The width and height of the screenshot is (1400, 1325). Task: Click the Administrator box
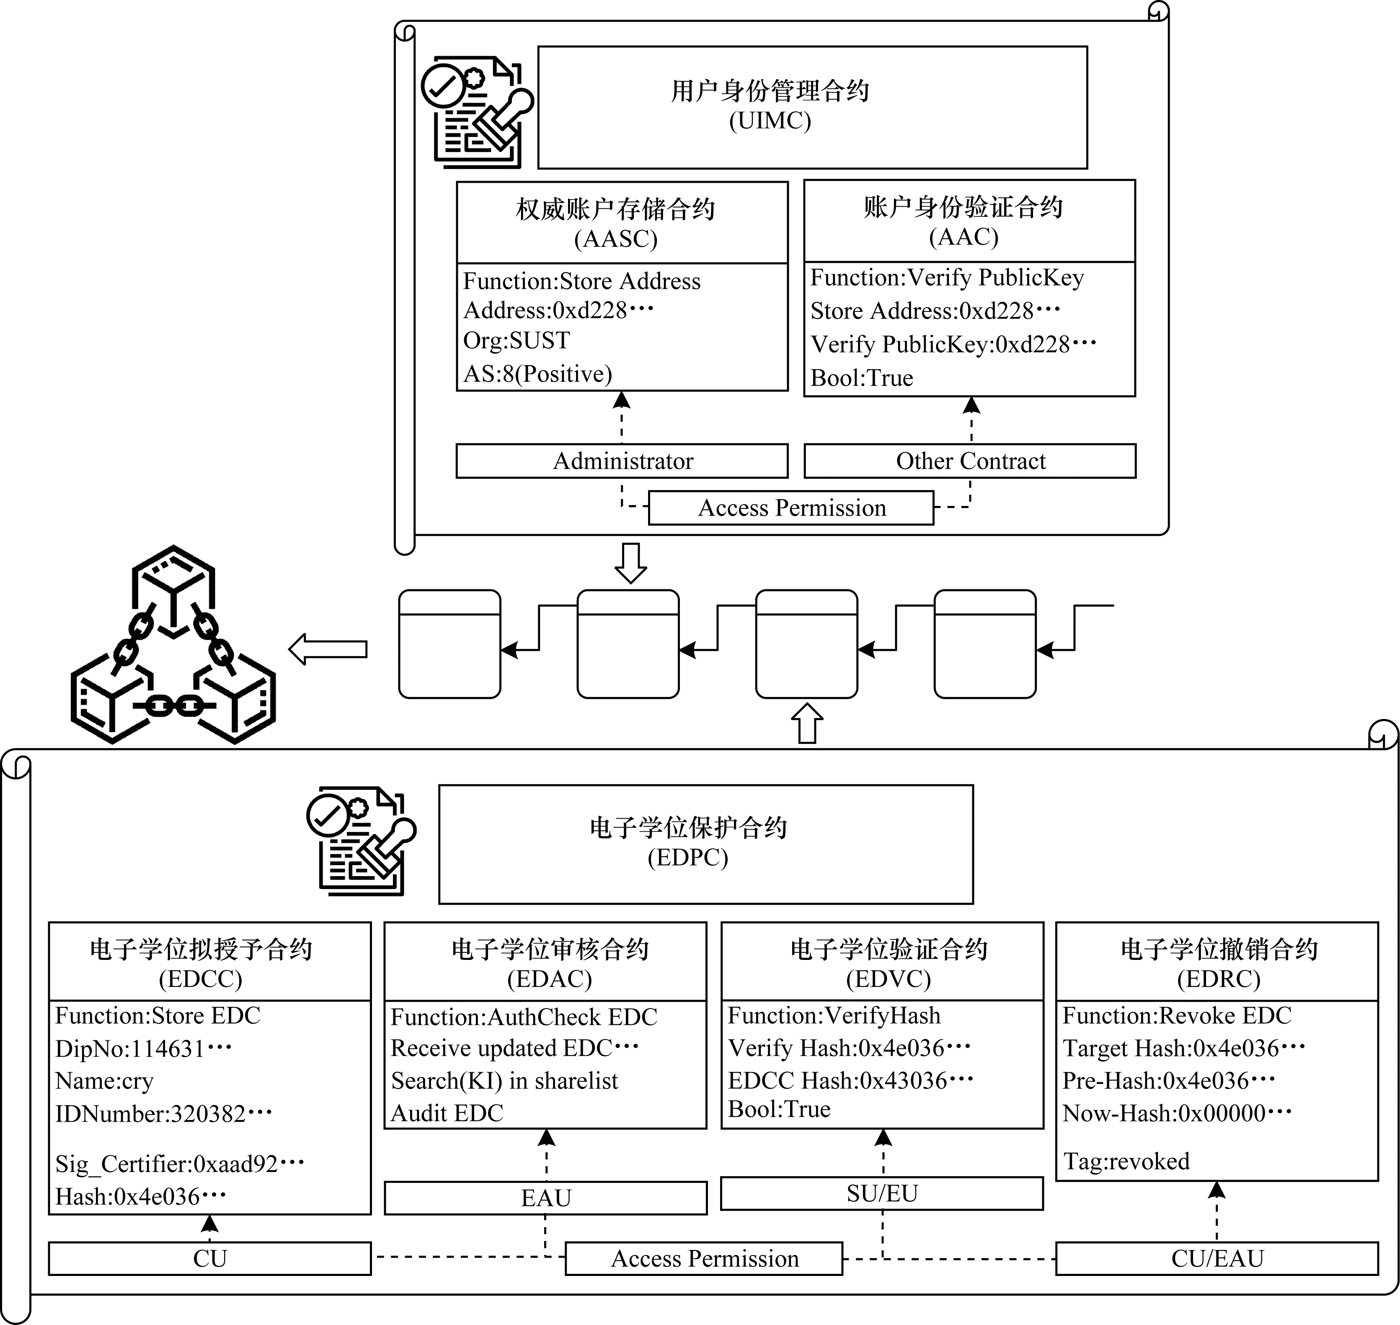[x=622, y=461]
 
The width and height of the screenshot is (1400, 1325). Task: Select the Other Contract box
[x=970, y=461]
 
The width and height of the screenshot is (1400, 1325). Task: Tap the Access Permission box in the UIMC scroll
[x=791, y=508]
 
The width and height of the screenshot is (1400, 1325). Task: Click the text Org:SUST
[x=516, y=340]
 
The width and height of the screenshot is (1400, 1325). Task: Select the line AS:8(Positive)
[x=537, y=373]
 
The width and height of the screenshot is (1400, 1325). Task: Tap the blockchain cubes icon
[x=174, y=644]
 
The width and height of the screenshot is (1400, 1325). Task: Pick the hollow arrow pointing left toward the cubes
[x=328, y=649]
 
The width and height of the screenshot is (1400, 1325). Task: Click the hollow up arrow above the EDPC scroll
[x=807, y=723]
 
